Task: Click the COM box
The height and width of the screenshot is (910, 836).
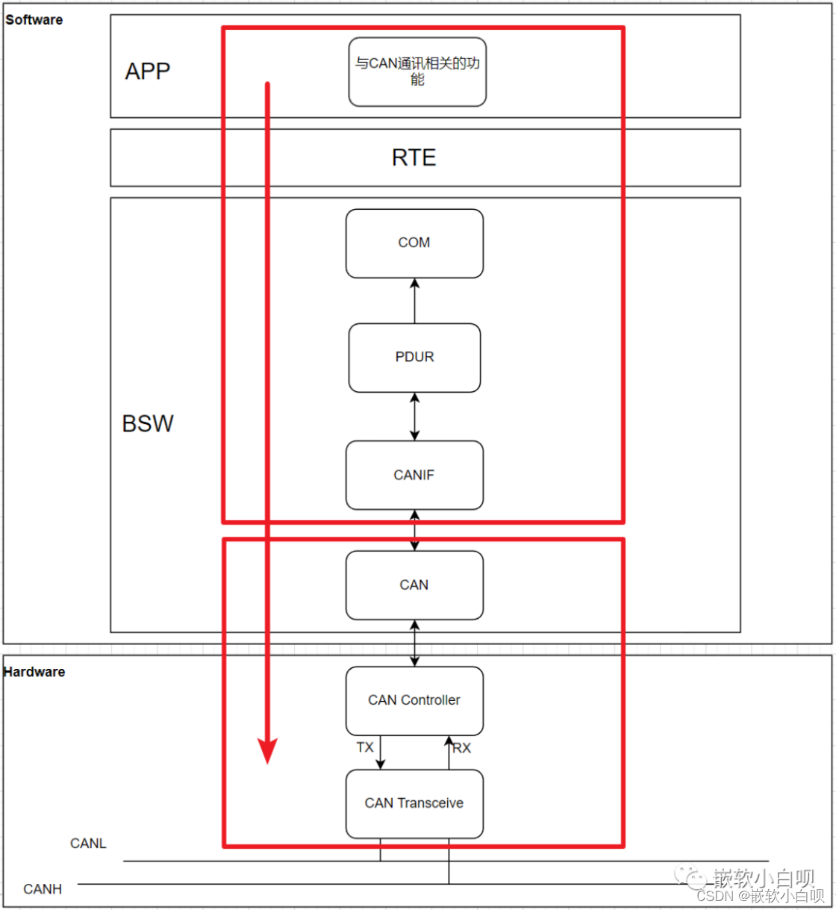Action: coord(414,243)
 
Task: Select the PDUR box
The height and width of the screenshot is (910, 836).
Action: coord(414,358)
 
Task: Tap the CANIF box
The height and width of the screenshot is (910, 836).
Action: coord(414,475)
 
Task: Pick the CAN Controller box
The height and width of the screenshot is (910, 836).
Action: coord(414,701)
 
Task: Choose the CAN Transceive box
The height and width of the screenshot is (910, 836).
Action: coord(414,804)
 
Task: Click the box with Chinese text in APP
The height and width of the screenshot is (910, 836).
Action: coord(417,72)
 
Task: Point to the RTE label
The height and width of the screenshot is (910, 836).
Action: coord(414,158)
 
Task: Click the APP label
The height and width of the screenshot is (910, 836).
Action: coord(148,71)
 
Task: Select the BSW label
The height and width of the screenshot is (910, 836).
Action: coord(148,424)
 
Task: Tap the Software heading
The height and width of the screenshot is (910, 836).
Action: coord(34,20)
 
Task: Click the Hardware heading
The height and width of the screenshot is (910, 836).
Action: coord(34,672)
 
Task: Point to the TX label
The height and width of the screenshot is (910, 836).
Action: coord(365,747)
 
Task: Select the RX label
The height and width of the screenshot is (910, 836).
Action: coord(462,748)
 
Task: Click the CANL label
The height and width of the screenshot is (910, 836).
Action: coord(88,844)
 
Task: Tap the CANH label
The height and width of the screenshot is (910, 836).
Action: coord(43,889)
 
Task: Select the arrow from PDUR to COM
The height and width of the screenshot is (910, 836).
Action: coord(414,301)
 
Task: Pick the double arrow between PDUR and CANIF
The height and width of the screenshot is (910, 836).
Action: coord(414,417)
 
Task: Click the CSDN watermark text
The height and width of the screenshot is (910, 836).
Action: coord(761,896)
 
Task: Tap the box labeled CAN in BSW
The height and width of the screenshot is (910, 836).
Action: coord(414,585)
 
